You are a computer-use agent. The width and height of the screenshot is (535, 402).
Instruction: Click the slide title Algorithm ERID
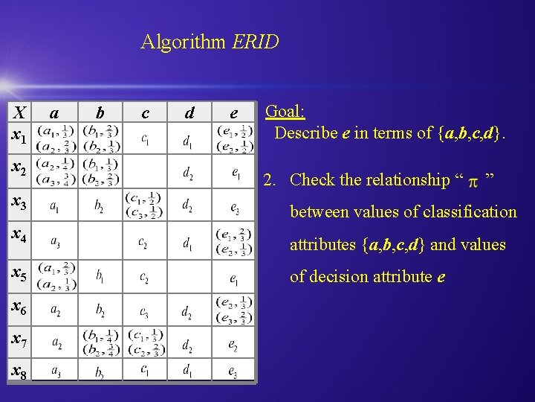click(210, 42)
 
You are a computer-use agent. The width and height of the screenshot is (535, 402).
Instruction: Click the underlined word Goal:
click(285, 112)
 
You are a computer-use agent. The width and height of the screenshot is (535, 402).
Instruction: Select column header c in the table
click(145, 113)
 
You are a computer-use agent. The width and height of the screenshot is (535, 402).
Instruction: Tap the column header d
click(189, 113)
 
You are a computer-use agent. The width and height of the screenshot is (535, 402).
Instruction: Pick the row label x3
click(19, 202)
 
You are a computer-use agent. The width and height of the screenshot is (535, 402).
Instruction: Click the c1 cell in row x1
click(146, 138)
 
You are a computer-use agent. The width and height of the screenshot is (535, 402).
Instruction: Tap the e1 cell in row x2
click(234, 173)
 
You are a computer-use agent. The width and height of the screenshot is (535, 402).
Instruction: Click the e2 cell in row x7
click(234, 344)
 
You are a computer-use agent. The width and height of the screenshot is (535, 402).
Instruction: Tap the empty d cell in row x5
click(189, 276)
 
